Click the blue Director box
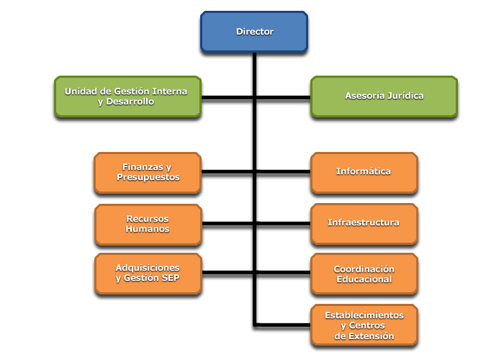click(254, 32)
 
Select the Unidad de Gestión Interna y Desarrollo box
click(127, 96)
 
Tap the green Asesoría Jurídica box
click(384, 96)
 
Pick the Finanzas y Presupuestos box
click(148, 172)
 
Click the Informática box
click(364, 172)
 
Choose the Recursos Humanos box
click(148, 223)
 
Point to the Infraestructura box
click(364, 223)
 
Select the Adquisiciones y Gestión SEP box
click(148, 274)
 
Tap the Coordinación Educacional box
click(364, 274)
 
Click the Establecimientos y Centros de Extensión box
click(364, 325)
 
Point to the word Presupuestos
click(148, 177)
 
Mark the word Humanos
click(148, 229)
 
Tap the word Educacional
click(364, 279)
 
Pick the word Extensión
click(369, 336)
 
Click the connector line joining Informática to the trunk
click(284, 173)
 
